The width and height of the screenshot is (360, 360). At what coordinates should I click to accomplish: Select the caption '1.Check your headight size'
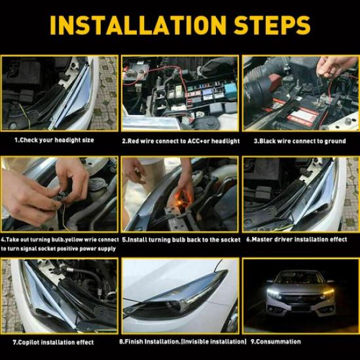coord(55,141)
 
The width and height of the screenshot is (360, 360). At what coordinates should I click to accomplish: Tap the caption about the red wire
coord(181,141)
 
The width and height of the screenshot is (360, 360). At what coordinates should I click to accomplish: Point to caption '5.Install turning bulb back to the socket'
coord(181,240)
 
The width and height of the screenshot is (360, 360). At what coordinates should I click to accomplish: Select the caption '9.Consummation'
coord(276,342)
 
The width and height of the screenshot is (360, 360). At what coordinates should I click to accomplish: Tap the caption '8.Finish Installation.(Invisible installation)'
coord(181,342)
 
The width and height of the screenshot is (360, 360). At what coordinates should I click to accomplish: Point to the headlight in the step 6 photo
coord(298,196)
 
